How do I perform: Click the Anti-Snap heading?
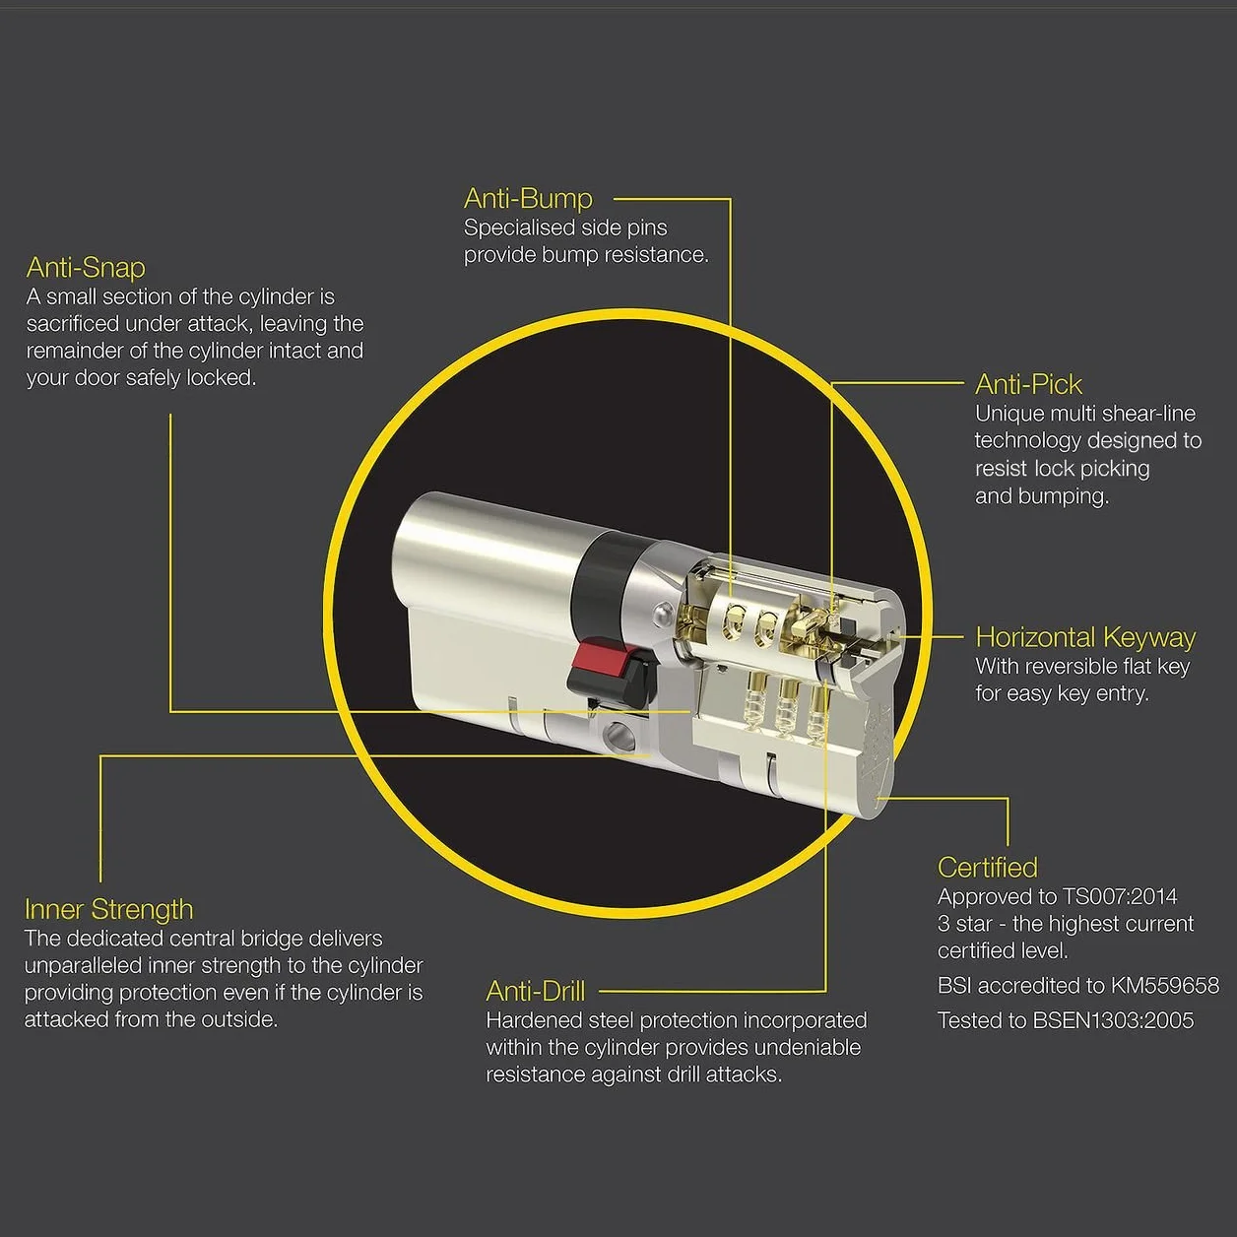pyautogui.click(x=86, y=268)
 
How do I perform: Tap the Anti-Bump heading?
pyautogui.click(x=528, y=198)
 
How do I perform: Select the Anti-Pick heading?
pyautogui.click(x=1028, y=384)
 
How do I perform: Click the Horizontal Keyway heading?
pyautogui.click(x=1085, y=637)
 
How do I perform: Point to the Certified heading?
pyautogui.click(x=987, y=868)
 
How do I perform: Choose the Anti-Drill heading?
pyautogui.click(x=536, y=991)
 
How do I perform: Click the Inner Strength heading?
pyautogui.click(x=108, y=910)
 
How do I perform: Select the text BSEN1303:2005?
pyautogui.click(x=1113, y=1020)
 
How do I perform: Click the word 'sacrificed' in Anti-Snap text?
pyautogui.click(x=73, y=324)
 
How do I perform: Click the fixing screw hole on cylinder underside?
pyautogui.click(x=621, y=733)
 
